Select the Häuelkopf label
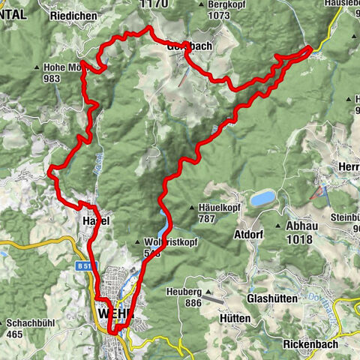pyautogui.click(x=223, y=209)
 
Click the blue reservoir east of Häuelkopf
pyautogui.click(x=262, y=199)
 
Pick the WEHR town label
pyautogui.click(x=115, y=312)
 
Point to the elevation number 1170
pyautogui.click(x=153, y=4)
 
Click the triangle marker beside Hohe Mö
pyautogui.click(x=37, y=67)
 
